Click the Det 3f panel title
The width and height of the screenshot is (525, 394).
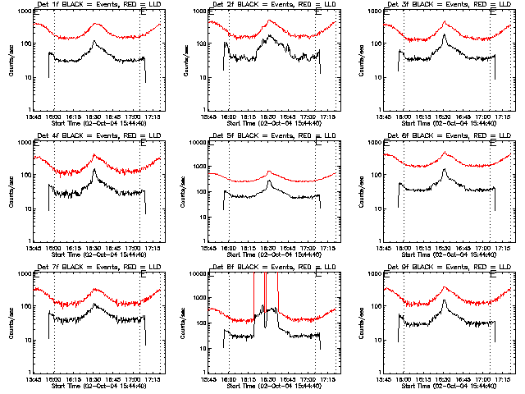pos(445,7)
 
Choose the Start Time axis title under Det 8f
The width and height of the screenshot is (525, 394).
pos(271,386)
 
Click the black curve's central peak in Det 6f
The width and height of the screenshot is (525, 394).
pos(444,170)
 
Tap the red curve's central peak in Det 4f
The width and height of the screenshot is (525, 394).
pos(94,155)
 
